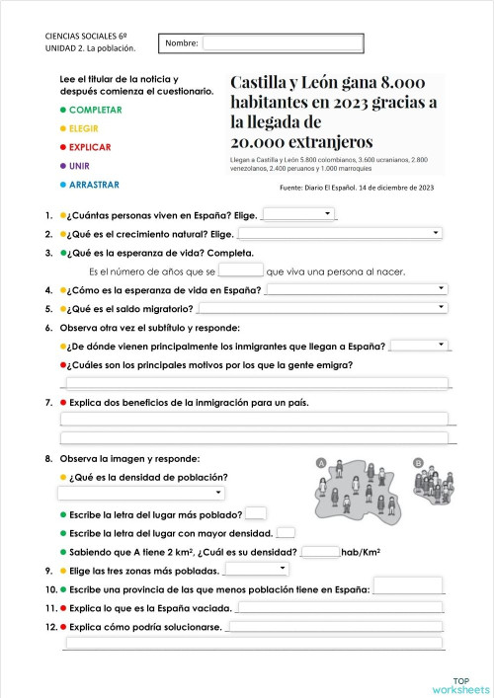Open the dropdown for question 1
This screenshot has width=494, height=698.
[299, 214]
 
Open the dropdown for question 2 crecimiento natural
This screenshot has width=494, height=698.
[340, 234]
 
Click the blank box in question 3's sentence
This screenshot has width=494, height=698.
[240, 271]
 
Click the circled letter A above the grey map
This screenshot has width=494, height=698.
[320, 462]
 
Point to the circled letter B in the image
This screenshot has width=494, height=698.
[418, 462]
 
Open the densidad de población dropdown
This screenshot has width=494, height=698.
[141, 494]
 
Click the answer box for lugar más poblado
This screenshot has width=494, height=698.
[255, 513]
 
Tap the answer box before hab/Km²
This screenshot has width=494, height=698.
[319, 552]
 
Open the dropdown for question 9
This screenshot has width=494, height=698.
[258, 570]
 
